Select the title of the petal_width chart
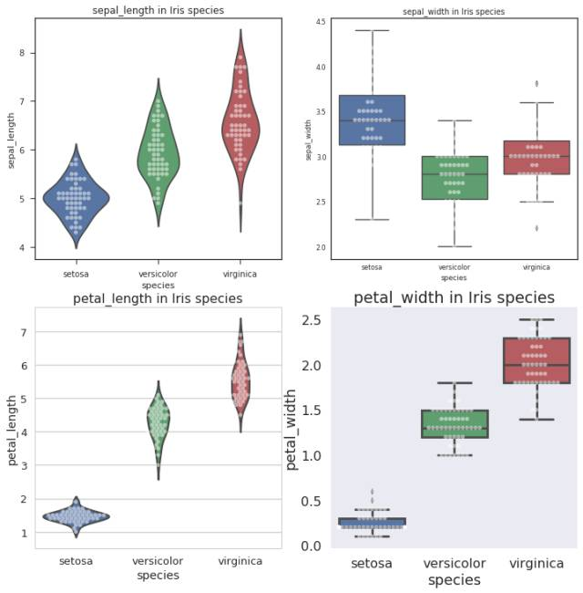pos(454,297)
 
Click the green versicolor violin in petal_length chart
pos(159,421)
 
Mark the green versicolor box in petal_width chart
pos(454,424)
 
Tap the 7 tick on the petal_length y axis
pos(26,332)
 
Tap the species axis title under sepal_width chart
pos(453,276)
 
